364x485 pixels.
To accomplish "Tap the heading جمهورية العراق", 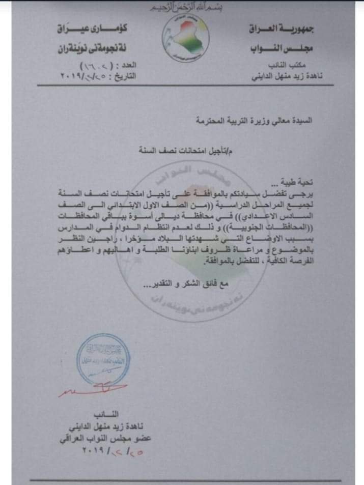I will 283,31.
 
